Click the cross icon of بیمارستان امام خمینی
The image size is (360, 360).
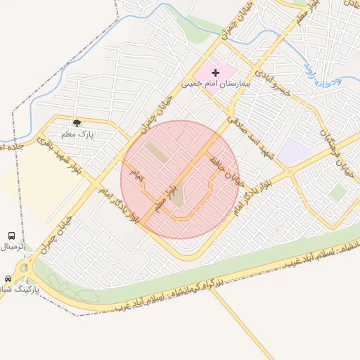click(x=215, y=72)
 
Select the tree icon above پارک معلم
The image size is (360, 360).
click(x=77, y=123)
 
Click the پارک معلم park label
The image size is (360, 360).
click(x=81, y=133)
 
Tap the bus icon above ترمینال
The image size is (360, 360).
click(x=12, y=236)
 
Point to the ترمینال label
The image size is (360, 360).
click(x=12, y=247)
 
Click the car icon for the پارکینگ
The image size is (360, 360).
click(x=8, y=278)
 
